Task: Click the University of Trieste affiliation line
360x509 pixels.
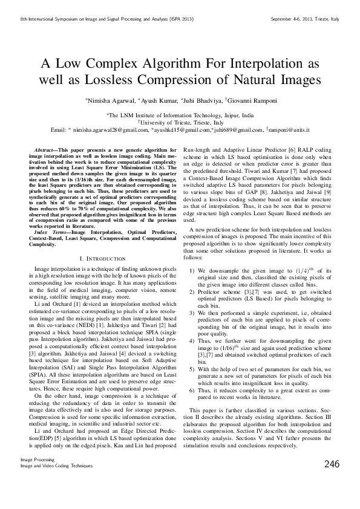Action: tap(180, 122)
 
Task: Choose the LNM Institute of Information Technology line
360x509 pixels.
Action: tap(180, 114)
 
